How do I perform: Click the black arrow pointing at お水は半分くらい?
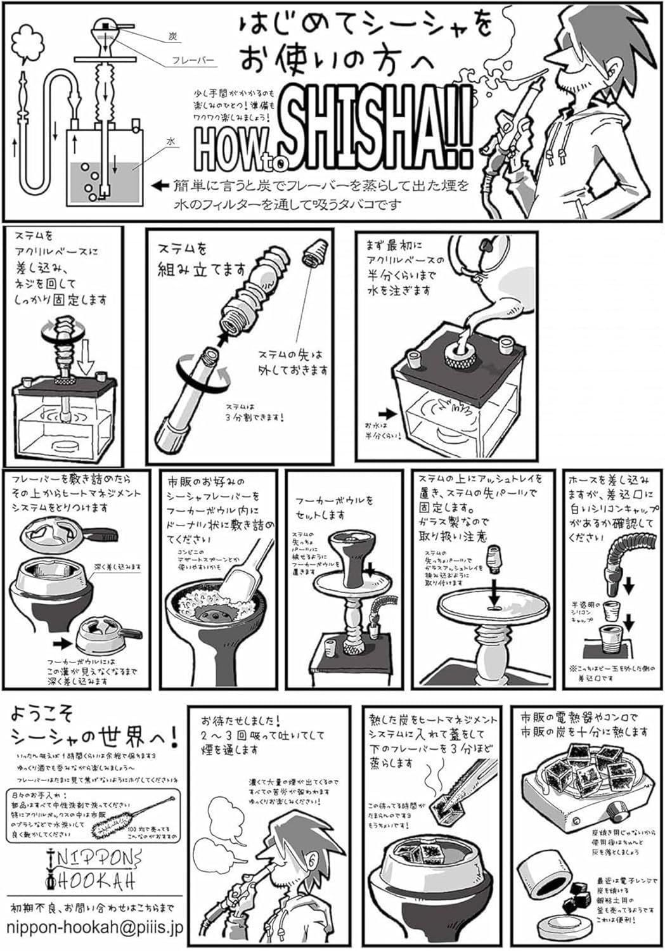click(389, 413)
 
